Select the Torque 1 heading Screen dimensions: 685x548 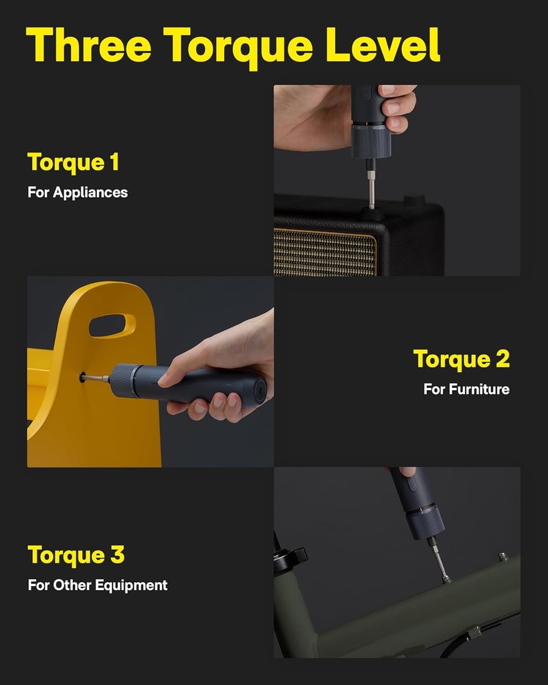[x=73, y=163]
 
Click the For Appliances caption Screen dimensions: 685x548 [x=78, y=193]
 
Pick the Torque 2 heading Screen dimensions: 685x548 [x=461, y=359]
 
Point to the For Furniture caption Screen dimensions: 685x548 [x=466, y=389]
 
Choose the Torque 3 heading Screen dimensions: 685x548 [x=76, y=555]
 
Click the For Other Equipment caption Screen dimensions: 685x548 [x=98, y=585]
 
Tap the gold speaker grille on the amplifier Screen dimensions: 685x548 [x=325, y=252]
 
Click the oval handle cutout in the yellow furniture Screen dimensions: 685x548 [x=112, y=326]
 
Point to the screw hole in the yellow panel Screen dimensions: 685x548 [x=83, y=378]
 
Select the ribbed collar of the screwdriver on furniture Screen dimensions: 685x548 [x=123, y=381]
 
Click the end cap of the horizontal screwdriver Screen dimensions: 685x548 [x=258, y=388]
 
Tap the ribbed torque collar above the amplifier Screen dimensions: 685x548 [x=371, y=141]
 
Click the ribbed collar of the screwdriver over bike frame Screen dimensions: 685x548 [x=426, y=522]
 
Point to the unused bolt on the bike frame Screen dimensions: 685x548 [x=503, y=557]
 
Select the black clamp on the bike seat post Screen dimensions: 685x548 [x=292, y=558]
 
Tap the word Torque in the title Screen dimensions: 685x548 [x=238, y=45]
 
